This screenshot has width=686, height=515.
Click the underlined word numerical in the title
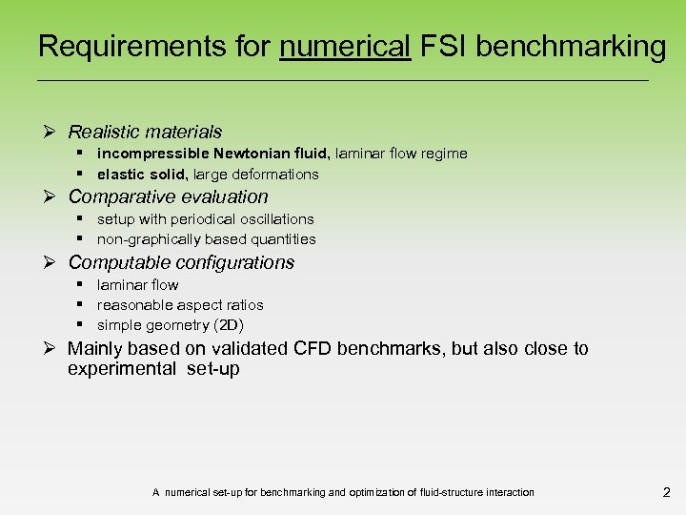[345, 46]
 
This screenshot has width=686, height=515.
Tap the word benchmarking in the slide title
[571, 46]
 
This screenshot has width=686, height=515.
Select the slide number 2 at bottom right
[666, 493]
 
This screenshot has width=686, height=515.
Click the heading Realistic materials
[145, 132]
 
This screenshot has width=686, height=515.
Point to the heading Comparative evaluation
[168, 197]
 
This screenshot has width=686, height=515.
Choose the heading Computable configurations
[181, 262]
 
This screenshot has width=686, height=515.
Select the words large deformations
[257, 175]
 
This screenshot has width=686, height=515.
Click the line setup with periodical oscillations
[205, 219]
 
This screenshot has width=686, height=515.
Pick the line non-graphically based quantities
[206, 239]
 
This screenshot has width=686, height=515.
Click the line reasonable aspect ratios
[180, 305]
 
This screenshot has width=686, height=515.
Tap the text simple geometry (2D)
[171, 325]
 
